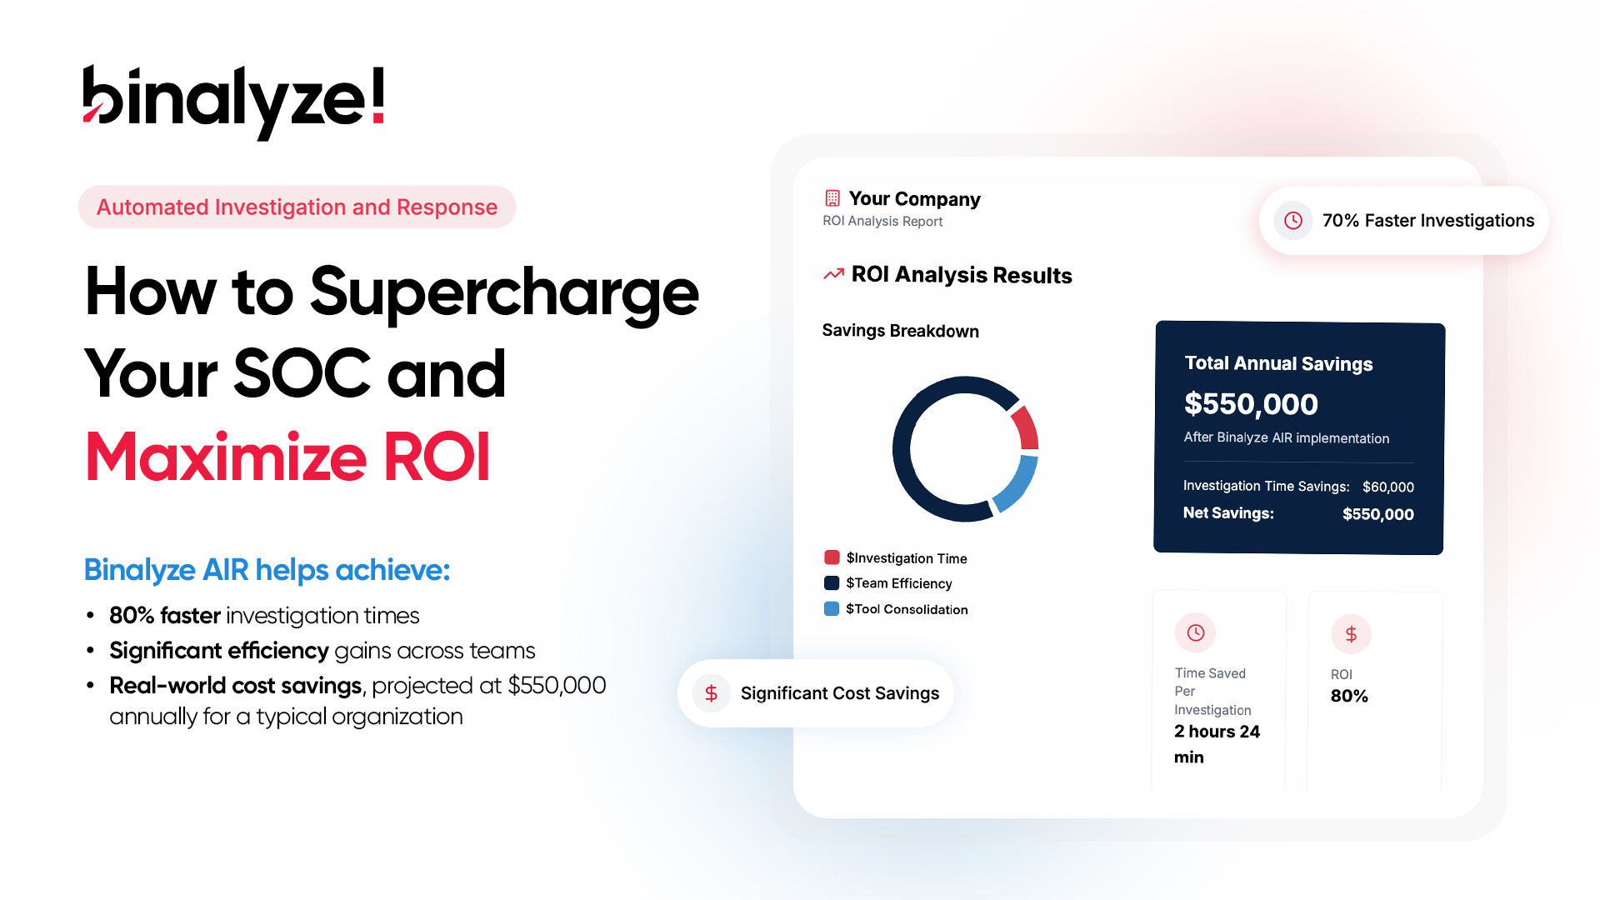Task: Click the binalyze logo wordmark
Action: (233, 102)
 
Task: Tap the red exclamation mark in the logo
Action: (378, 95)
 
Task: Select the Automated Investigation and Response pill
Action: (297, 207)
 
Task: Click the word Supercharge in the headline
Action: (504, 293)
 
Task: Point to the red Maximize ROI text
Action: (287, 457)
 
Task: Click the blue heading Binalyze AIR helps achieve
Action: (267, 570)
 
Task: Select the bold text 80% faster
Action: (165, 615)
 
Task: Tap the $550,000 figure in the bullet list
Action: (557, 685)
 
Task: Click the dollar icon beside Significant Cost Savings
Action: (711, 693)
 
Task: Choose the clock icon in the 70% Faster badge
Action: (1293, 220)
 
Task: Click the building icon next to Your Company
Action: (832, 198)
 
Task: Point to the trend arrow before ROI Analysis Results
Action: (833, 274)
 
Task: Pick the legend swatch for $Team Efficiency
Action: (832, 582)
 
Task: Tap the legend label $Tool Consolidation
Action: (907, 609)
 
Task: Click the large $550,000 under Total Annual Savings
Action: (1251, 404)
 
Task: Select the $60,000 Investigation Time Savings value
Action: (1388, 487)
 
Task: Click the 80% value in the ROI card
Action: (1349, 696)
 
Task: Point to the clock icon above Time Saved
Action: (1196, 632)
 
